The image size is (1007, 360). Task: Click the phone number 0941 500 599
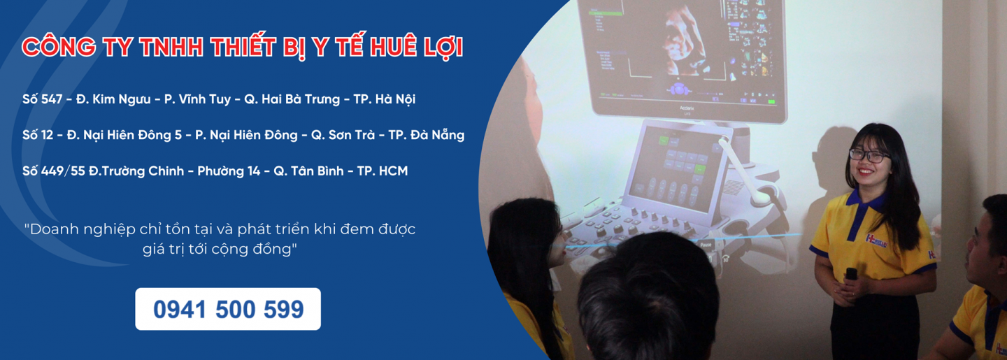point(229,309)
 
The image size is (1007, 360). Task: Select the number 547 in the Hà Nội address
point(52,99)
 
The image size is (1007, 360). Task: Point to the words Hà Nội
point(395,99)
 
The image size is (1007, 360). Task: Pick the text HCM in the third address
point(393,171)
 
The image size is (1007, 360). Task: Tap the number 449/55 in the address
point(63,171)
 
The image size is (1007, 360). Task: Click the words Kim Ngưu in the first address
point(121,99)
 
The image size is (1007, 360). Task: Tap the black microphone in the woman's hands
point(851,274)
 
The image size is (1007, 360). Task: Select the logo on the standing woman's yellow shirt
point(877,240)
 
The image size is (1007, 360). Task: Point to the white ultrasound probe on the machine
point(742,171)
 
